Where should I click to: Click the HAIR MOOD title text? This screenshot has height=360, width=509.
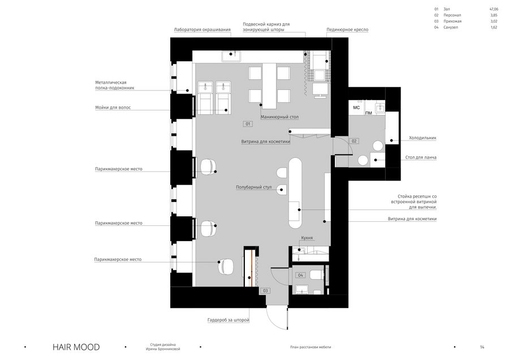pyautogui.click(x=76, y=347)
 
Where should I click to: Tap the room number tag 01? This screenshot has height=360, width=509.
pyautogui.click(x=248, y=124)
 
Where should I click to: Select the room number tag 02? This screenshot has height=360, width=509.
pyautogui.click(x=354, y=141)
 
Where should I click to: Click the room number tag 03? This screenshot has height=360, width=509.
pyautogui.click(x=265, y=291)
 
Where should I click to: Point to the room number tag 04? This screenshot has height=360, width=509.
pyautogui.click(x=300, y=275)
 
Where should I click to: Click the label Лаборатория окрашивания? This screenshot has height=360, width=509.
pyautogui.click(x=202, y=29)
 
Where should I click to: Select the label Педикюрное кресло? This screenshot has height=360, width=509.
pyautogui.click(x=347, y=29)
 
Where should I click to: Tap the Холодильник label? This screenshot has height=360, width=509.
pyautogui.click(x=422, y=138)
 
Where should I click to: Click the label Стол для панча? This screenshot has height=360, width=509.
pyautogui.click(x=421, y=157)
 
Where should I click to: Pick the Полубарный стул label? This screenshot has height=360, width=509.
pyautogui.click(x=253, y=187)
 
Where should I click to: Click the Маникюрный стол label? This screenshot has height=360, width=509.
pyautogui.click(x=279, y=117)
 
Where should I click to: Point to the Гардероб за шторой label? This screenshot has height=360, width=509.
pyautogui.click(x=228, y=320)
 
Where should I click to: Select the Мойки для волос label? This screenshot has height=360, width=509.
pyautogui.click(x=113, y=108)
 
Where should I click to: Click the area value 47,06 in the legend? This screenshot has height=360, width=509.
pyautogui.click(x=494, y=9)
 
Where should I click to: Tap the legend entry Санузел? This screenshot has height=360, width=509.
pyautogui.click(x=451, y=27)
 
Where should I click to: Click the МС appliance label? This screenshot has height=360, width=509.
pyautogui.click(x=356, y=108)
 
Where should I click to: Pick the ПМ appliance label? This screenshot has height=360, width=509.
pyautogui.click(x=368, y=113)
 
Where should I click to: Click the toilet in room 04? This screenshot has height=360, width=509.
pyautogui.click(x=316, y=276)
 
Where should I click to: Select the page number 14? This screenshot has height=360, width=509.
pyautogui.click(x=482, y=347)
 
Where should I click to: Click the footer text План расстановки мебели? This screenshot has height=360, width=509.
pyautogui.click(x=310, y=347)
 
